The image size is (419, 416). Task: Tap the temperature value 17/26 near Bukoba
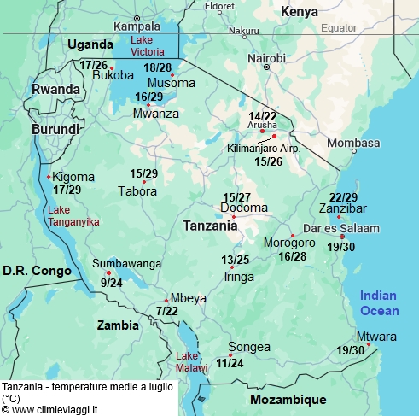[93, 64]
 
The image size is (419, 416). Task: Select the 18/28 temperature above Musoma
[157, 67]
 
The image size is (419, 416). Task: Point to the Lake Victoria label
[154, 46]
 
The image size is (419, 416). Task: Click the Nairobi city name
[266, 57]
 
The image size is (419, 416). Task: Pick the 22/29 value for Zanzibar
[343, 197]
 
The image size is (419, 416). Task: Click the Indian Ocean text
[379, 302]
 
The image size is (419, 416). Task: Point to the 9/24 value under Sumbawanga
[111, 282]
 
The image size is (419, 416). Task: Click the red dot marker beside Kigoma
[49, 177]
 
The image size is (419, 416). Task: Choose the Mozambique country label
[288, 399]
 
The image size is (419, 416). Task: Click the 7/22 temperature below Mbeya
[167, 311]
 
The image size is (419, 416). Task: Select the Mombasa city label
[352, 143]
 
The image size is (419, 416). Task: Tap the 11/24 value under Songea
[230, 362]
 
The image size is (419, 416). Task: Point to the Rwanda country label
[55, 89]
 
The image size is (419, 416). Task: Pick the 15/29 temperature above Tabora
[143, 173]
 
